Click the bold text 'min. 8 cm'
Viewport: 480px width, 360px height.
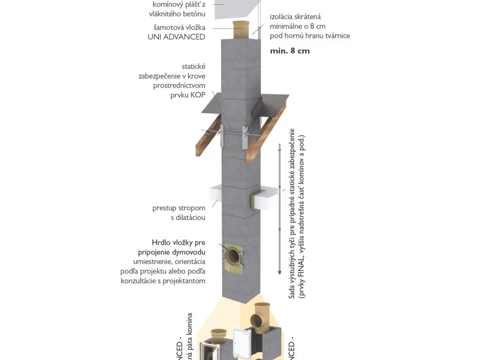(x=290, y=51)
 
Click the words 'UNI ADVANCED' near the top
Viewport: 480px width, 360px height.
(x=176, y=37)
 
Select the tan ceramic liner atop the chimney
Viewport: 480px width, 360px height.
(x=242, y=30)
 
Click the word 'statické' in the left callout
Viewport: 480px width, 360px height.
(x=193, y=67)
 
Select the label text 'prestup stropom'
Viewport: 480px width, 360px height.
(x=179, y=208)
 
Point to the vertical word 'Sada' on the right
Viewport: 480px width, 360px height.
(x=292, y=291)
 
